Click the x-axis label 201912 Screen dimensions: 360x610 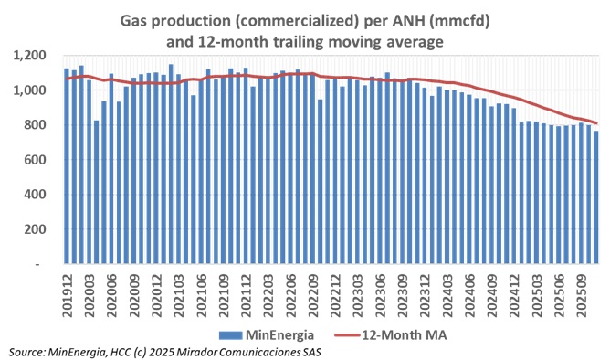tap(67, 292)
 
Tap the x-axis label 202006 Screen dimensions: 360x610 tap(111, 292)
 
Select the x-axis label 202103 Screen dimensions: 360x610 tap(178, 292)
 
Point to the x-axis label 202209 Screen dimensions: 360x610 tap(312, 292)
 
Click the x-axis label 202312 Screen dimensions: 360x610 tap(424, 292)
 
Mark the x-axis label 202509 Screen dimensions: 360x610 tap(580, 292)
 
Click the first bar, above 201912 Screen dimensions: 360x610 tap(67, 164)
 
